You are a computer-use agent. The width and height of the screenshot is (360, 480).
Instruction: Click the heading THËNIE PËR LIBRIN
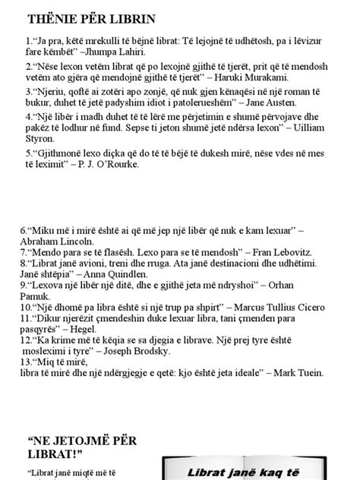(92, 18)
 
